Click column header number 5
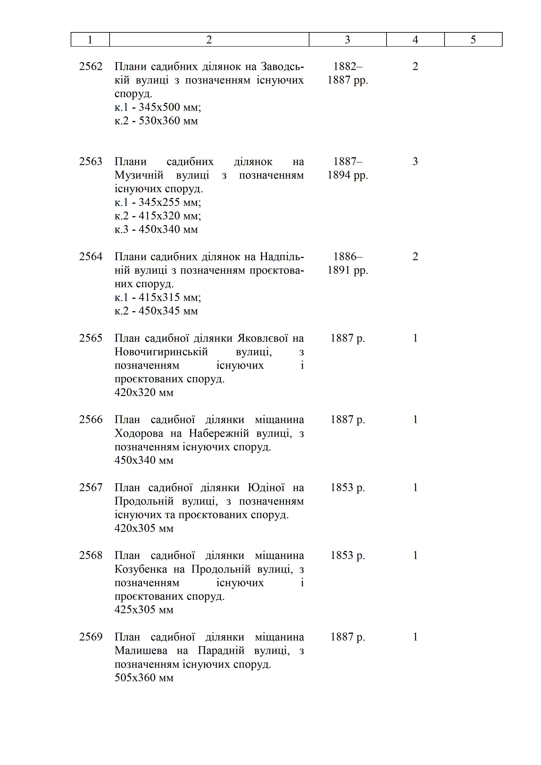pyautogui.click(x=473, y=40)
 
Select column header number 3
pyautogui.click(x=347, y=40)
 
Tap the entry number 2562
pyautogui.click(x=91, y=67)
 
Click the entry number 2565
pyautogui.click(x=91, y=338)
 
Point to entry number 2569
pyautogui.click(x=91, y=637)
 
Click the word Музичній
pyautogui.click(x=139, y=175)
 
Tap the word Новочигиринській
pyautogui.click(x=161, y=352)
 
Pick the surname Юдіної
pyautogui.click(x=266, y=488)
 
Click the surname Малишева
pyautogui.click(x=141, y=651)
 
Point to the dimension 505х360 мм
pyautogui.click(x=144, y=678)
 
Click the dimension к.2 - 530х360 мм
pyautogui.click(x=156, y=121)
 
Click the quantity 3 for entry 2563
pyautogui.click(x=415, y=162)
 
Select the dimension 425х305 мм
pyautogui.click(x=144, y=610)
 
